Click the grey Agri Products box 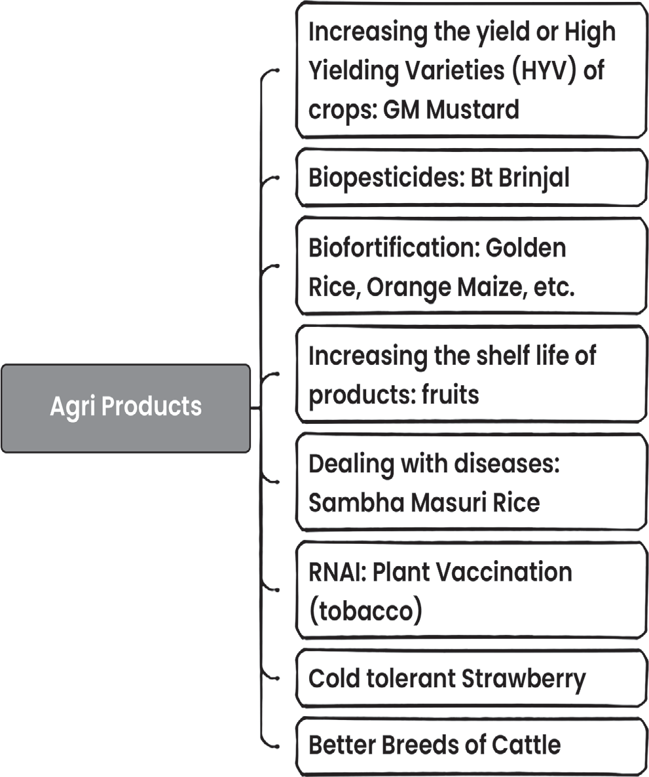coord(126,408)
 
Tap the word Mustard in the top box coord(473,109)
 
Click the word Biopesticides coord(386,178)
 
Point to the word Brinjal coord(534,178)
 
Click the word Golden coord(526,248)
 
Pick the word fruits coord(451,395)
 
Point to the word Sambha coord(357,502)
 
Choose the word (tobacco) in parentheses coord(365,611)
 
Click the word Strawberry coord(524,679)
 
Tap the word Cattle coord(522,745)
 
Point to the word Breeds coord(421,745)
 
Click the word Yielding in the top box coord(354,70)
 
